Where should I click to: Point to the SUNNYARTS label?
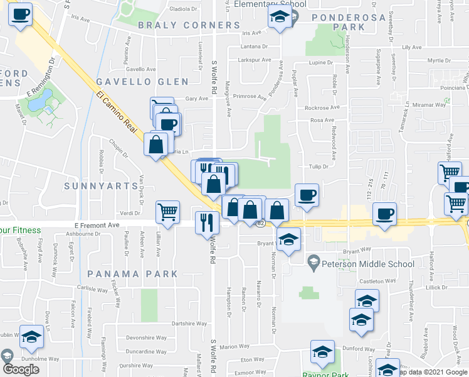[101, 187]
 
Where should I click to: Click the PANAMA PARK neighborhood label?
[133, 274]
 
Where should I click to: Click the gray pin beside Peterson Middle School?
[314, 260]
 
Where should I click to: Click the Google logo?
[20, 369]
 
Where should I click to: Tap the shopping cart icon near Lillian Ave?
[167, 212]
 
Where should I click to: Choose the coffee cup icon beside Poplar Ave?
[307, 195]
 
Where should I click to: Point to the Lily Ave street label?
[412, 47]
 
